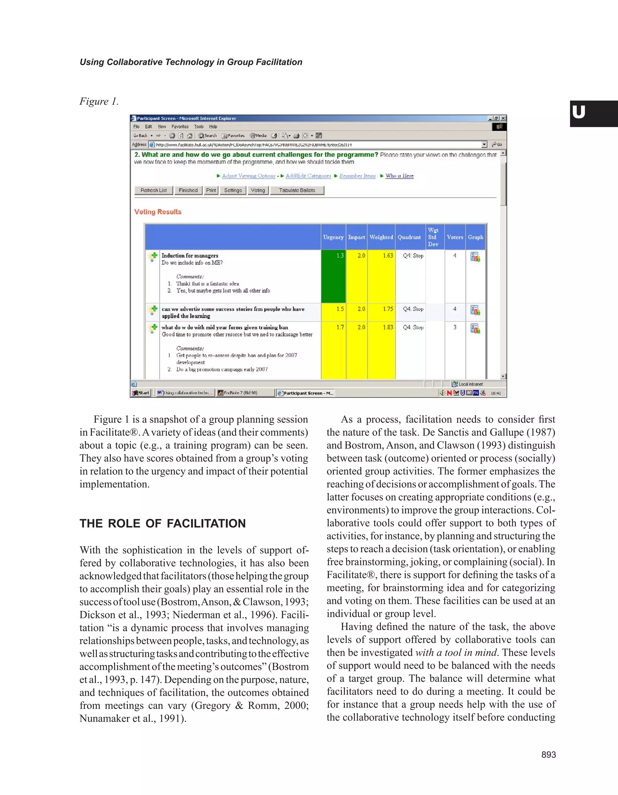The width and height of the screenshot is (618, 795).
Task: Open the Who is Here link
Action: click(x=400, y=176)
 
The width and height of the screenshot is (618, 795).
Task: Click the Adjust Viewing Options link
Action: click(x=248, y=176)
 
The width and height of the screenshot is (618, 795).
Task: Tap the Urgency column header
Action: click(x=333, y=237)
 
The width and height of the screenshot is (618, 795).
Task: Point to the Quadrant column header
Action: click(x=409, y=237)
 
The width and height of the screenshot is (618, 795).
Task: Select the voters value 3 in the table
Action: click(x=455, y=327)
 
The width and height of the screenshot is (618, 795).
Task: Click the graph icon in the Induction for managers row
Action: click(x=475, y=257)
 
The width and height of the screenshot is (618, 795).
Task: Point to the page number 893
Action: click(x=548, y=755)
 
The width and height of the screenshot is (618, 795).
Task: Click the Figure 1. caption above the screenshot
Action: click(x=99, y=101)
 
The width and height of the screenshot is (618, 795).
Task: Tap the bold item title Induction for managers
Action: click(x=190, y=255)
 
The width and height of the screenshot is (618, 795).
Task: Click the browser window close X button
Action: click(x=503, y=118)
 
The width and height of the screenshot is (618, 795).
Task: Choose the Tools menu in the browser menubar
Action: click(x=199, y=127)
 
